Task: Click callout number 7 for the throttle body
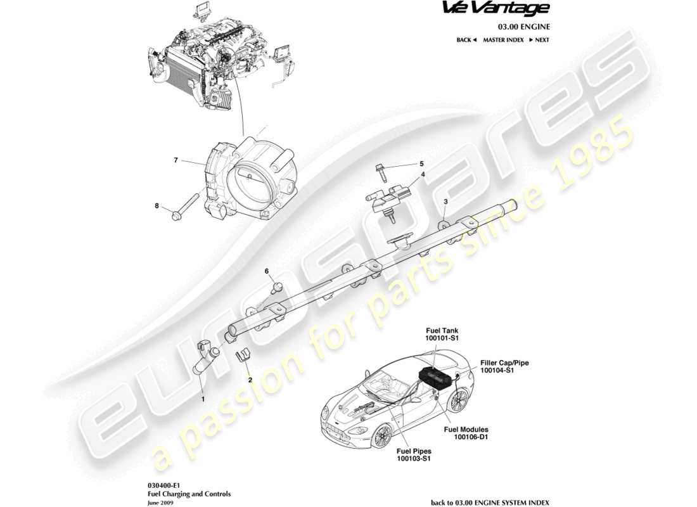click(175, 160)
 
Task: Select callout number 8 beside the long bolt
click(157, 205)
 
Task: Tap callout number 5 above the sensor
click(421, 164)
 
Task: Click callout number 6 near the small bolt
click(267, 271)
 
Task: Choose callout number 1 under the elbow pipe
click(203, 399)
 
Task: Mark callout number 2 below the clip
click(250, 380)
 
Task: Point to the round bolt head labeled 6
click(276, 288)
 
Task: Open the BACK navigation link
click(466, 40)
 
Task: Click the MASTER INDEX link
click(503, 40)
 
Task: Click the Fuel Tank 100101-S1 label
click(442, 335)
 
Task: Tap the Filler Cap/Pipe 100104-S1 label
click(504, 366)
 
